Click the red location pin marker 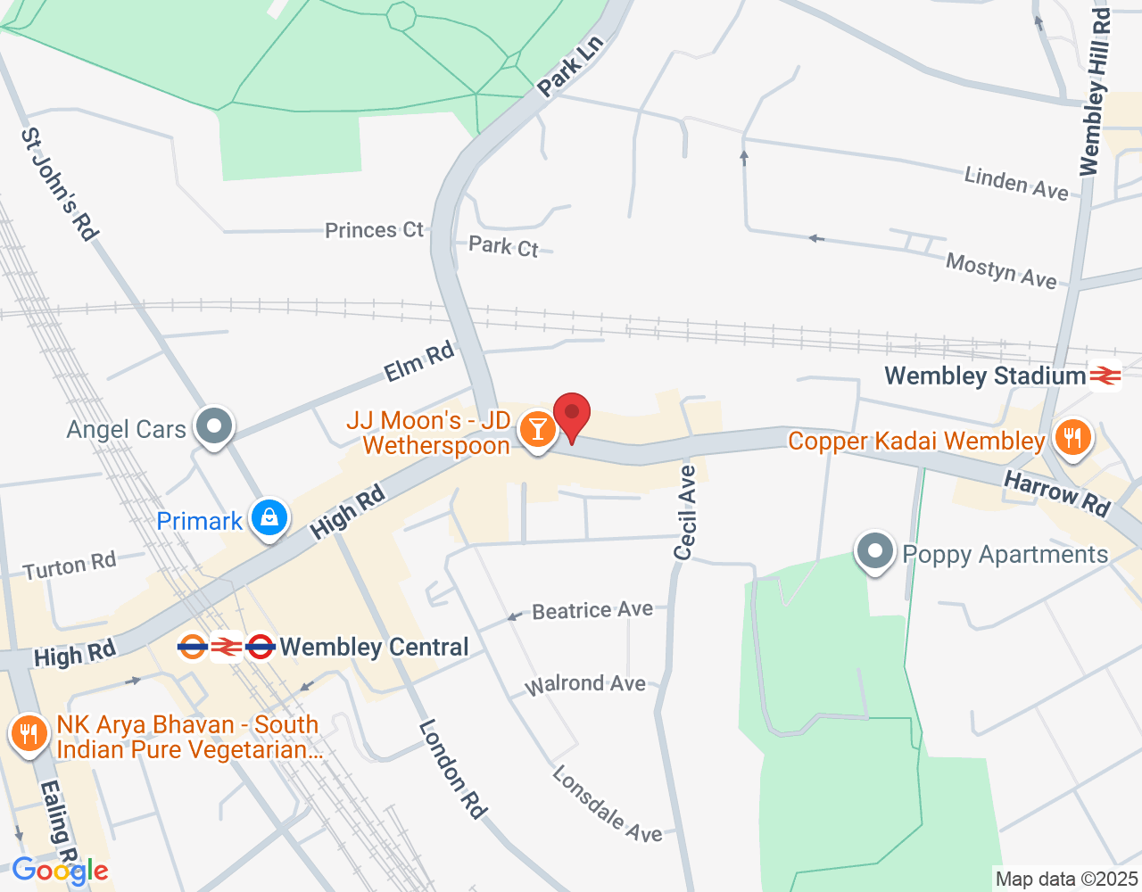click(572, 416)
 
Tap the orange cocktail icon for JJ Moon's click(537, 429)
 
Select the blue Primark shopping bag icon click(269, 517)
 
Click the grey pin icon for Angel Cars click(214, 425)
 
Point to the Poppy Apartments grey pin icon click(874, 551)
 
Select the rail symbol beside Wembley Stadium click(1105, 376)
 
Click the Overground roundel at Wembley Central click(193, 647)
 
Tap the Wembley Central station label click(374, 648)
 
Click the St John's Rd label click(59, 184)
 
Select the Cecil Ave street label click(685, 513)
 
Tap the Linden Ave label click(1015, 183)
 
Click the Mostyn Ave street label click(1001, 269)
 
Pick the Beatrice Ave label click(592, 611)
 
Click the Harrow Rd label click(1057, 493)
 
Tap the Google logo click(61, 871)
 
